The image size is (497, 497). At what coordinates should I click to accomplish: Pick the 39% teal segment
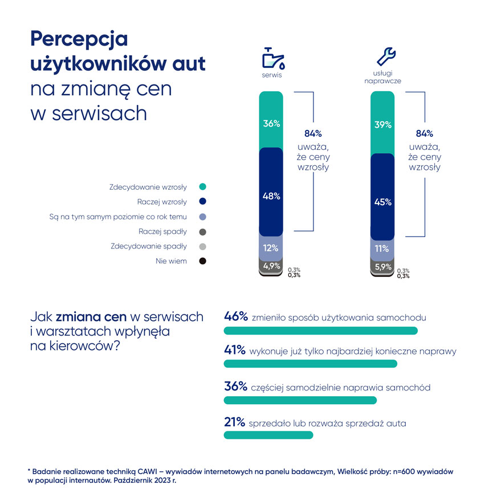pos(382,123)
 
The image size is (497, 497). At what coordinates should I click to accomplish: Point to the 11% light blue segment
pos(382,249)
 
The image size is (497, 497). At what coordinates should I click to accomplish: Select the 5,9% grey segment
pos(382,266)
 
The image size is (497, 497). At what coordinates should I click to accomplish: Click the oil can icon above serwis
pos(273,59)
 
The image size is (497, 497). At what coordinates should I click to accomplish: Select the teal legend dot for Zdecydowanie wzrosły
pos(202,187)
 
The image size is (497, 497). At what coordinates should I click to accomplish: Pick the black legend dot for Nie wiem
pos(202,262)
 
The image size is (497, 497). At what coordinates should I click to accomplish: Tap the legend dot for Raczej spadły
pos(202,232)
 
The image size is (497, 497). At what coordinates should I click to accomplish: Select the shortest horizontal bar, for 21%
pos(268,435)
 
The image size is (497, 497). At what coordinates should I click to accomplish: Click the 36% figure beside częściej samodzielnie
pos(236,387)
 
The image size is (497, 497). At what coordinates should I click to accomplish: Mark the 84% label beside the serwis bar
pos(313,134)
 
